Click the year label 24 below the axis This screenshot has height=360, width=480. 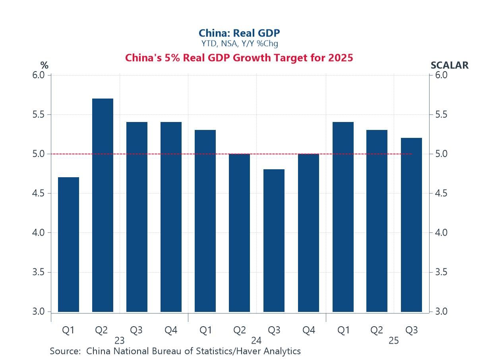256,341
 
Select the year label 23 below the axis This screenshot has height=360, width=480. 119,341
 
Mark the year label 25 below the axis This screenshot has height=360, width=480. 393,341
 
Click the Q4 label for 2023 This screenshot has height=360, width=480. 171,330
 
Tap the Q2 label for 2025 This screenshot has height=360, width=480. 377,330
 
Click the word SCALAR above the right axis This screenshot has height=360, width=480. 449,65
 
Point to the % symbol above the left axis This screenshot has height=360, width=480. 44,65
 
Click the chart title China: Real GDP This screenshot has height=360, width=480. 239,33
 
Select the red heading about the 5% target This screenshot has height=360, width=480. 239,58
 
